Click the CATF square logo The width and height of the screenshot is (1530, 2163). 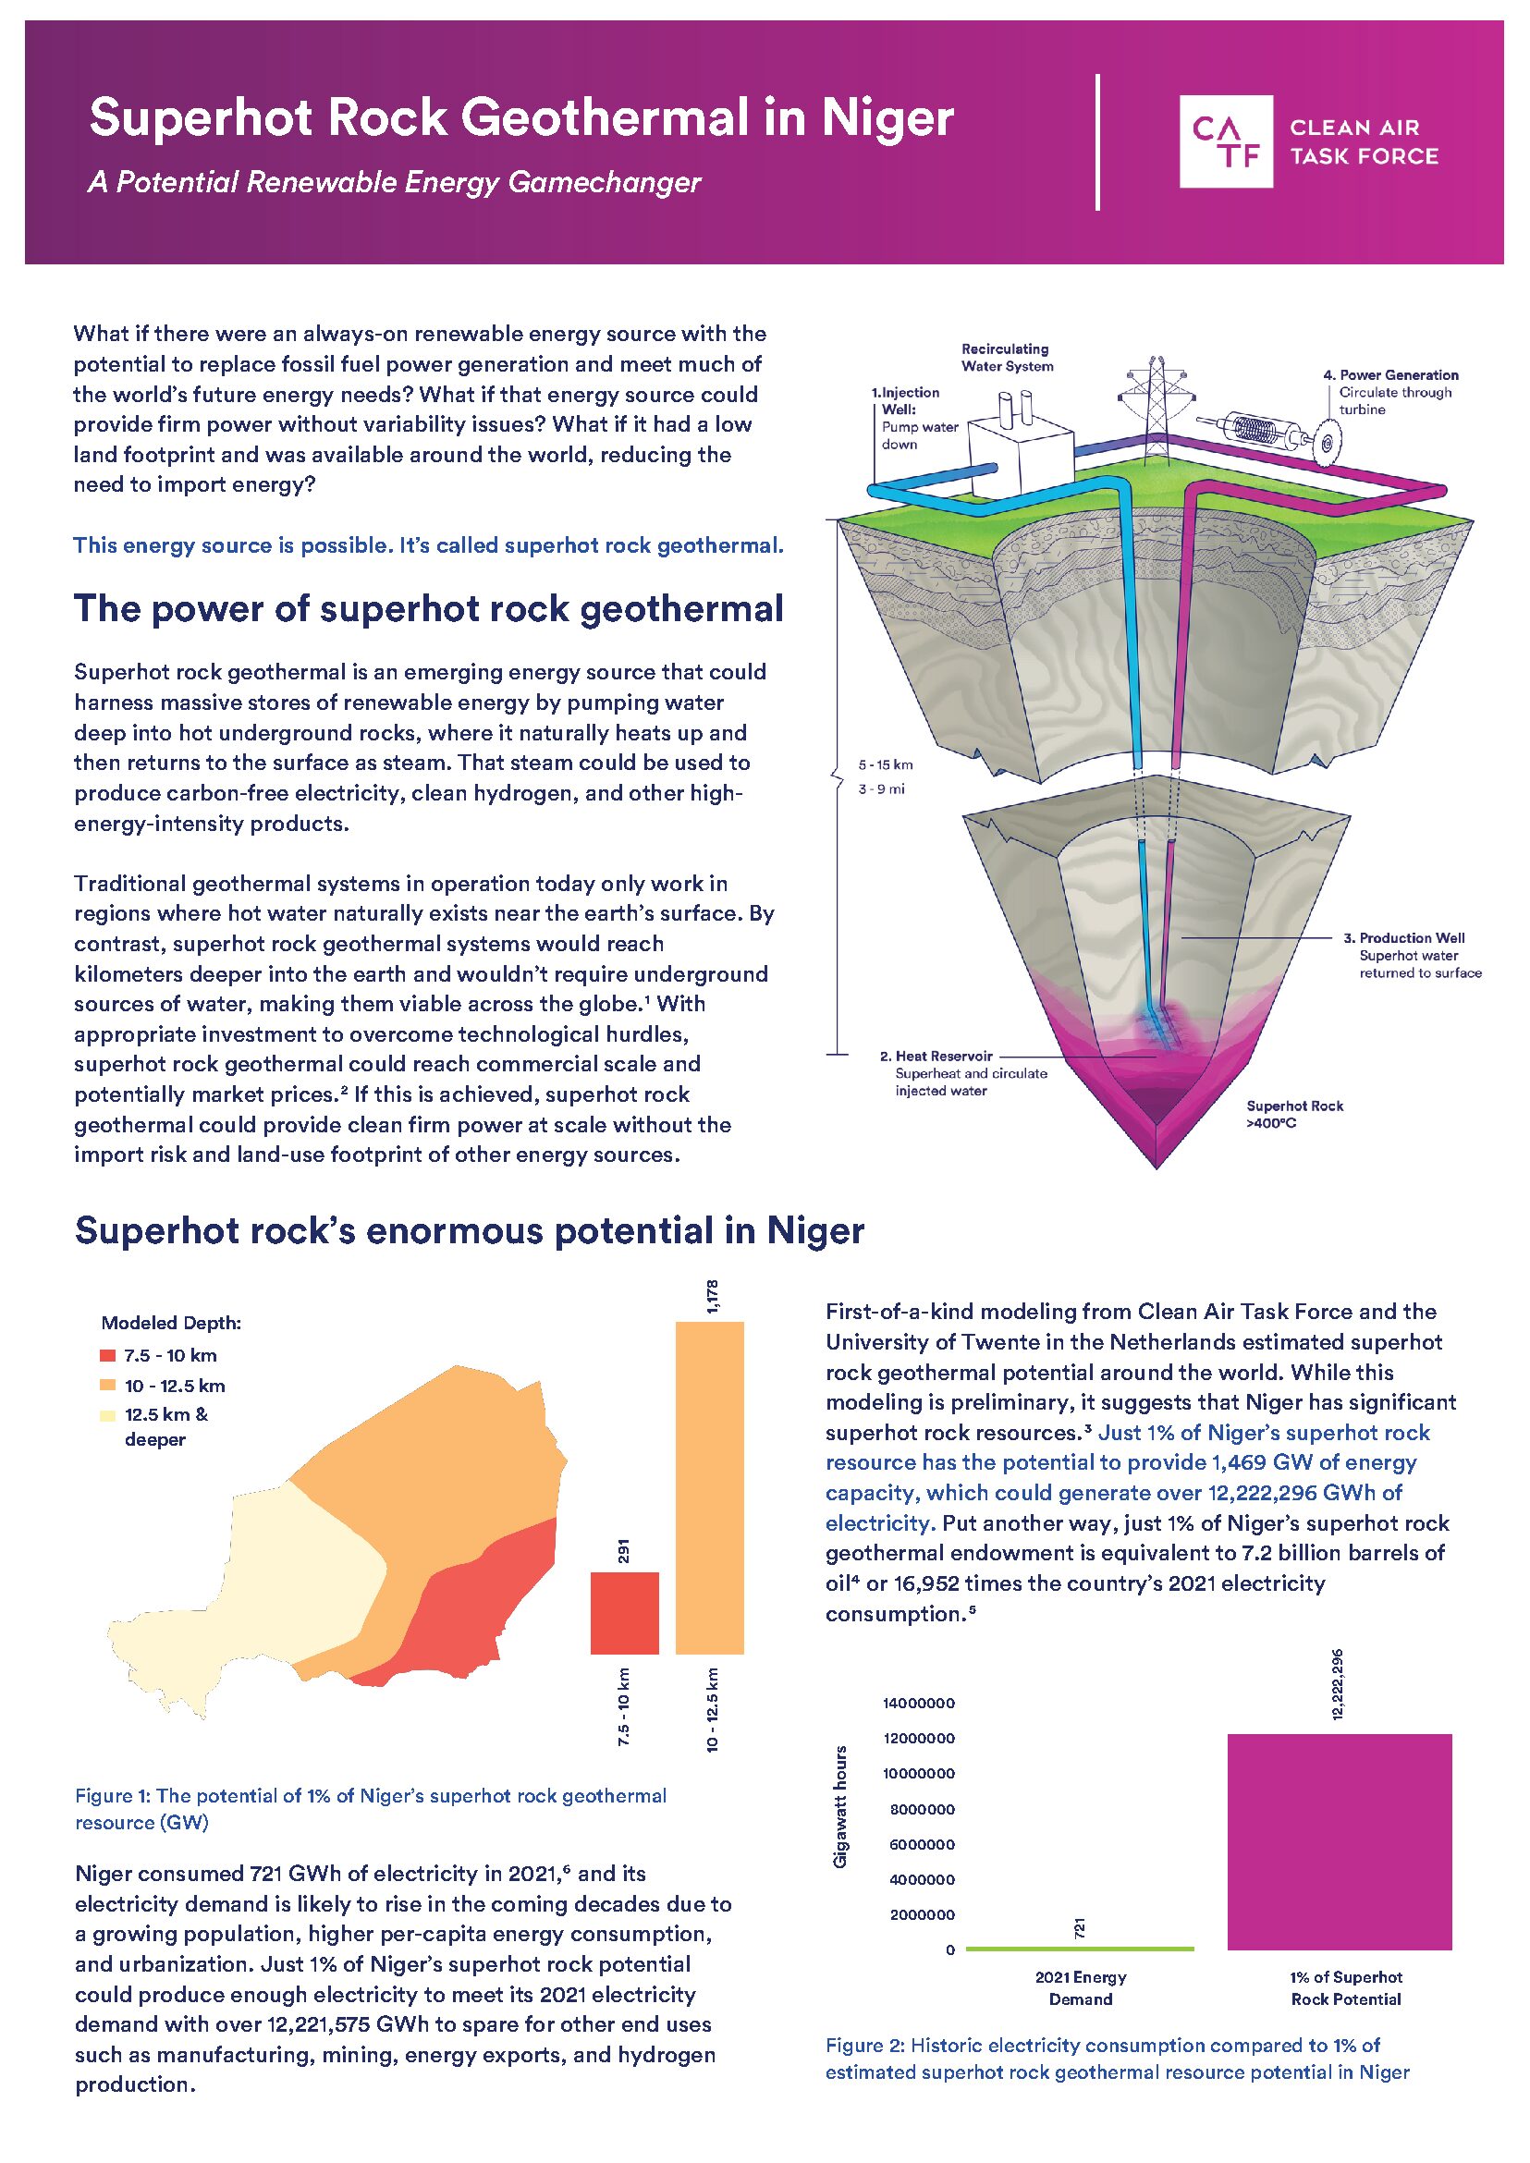coord(1225,141)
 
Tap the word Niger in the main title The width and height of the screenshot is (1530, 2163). coord(887,118)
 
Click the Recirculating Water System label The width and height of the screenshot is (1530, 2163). coord(1006,357)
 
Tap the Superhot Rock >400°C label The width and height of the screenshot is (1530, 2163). coord(1293,1114)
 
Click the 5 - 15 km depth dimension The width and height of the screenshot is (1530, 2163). coord(885,765)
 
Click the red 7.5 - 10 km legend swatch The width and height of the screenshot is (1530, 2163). coord(107,1356)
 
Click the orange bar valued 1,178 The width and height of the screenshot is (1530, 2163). coord(708,1488)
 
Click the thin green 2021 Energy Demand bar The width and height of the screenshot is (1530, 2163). coord(1080,1949)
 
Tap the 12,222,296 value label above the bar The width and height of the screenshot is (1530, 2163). coord(1338,1683)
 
